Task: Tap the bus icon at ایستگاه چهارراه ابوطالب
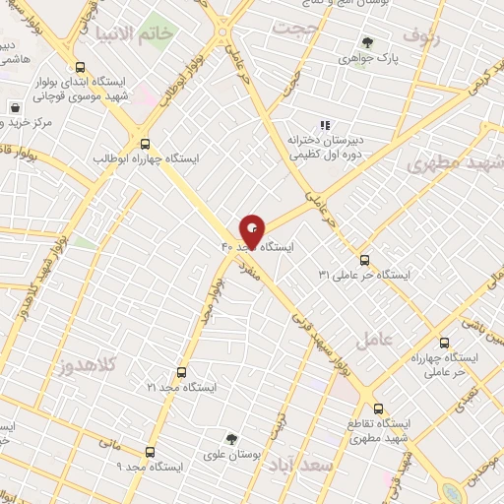[146, 142]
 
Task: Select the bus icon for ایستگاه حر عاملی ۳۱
[365, 260]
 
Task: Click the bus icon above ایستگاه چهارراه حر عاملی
[444, 344]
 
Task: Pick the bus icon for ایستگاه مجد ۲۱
[180, 372]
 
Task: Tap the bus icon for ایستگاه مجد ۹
[149, 452]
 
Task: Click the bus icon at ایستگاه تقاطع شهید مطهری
[377, 407]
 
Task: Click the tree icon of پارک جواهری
[367, 42]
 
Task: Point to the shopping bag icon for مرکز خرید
[15, 106]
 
